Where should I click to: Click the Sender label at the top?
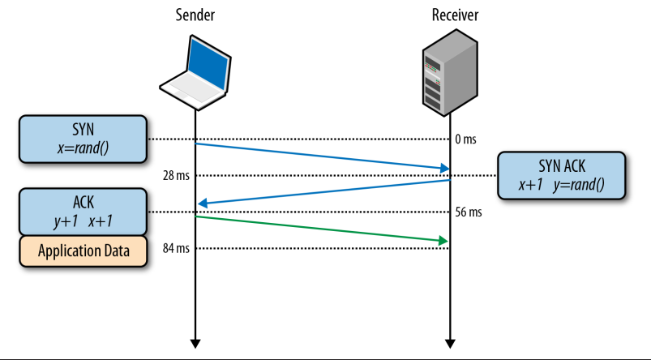195,15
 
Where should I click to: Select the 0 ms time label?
465,139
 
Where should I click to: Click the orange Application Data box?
83,251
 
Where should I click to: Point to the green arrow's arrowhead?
444,241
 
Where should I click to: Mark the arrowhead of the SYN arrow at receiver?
445,169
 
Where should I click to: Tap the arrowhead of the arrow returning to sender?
202,204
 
